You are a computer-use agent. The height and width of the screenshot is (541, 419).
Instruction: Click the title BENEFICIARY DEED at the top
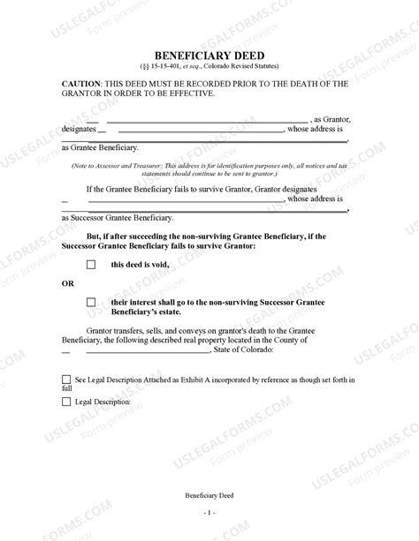coord(209,55)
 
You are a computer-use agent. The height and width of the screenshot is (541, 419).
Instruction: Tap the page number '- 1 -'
coord(209,512)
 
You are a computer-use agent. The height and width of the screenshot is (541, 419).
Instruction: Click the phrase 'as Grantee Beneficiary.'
coord(100,147)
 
